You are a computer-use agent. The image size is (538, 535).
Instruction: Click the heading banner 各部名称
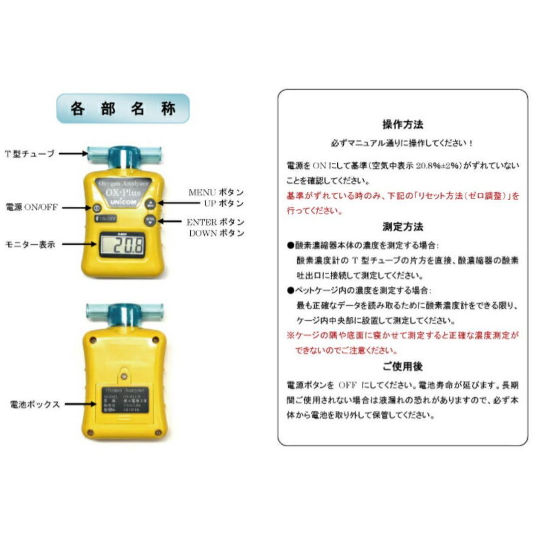(x=123, y=109)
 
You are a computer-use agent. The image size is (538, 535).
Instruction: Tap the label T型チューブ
(x=30, y=153)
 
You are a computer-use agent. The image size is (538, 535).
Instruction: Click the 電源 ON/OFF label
(x=31, y=207)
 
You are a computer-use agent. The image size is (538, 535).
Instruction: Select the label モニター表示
(x=30, y=244)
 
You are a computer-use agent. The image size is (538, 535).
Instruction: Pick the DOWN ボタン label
(x=216, y=233)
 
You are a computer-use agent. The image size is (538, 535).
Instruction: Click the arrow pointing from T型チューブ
(x=73, y=153)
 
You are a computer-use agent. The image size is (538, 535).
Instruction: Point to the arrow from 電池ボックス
(x=78, y=404)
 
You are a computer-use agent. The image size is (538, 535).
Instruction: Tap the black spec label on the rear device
(x=124, y=402)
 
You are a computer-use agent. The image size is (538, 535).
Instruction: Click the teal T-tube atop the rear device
(x=124, y=313)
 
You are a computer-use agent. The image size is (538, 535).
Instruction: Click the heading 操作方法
(x=403, y=125)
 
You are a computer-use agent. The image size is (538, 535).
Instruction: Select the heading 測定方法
(x=403, y=227)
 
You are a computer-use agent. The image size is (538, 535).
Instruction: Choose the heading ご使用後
(x=403, y=367)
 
